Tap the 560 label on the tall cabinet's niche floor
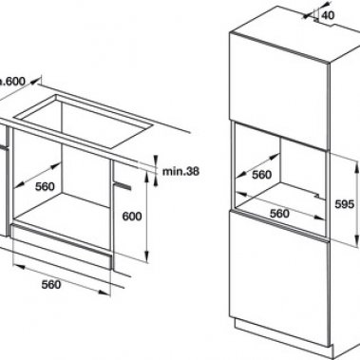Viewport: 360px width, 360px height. tap(277, 214)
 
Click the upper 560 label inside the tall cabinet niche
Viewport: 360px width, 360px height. tap(261, 175)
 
